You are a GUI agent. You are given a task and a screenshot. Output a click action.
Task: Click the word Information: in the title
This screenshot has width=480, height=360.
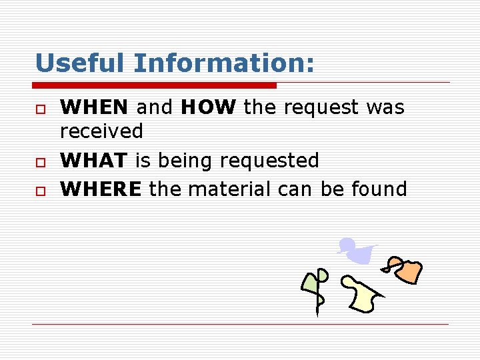click(x=223, y=63)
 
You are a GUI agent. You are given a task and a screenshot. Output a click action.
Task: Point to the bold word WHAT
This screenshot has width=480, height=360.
click(x=94, y=161)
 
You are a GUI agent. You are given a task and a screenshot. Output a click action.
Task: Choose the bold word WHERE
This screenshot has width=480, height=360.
click(x=101, y=189)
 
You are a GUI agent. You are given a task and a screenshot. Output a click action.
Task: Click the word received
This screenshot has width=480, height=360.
click(x=101, y=131)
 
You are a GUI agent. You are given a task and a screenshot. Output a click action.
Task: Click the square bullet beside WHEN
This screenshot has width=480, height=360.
click(x=40, y=109)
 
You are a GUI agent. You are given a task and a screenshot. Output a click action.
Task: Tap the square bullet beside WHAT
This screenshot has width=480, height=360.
click(x=40, y=162)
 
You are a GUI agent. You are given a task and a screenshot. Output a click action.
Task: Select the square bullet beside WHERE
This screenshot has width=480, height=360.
click(x=40, y=191)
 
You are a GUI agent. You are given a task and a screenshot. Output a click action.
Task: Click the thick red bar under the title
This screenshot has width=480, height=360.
click(x=155, y=85)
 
